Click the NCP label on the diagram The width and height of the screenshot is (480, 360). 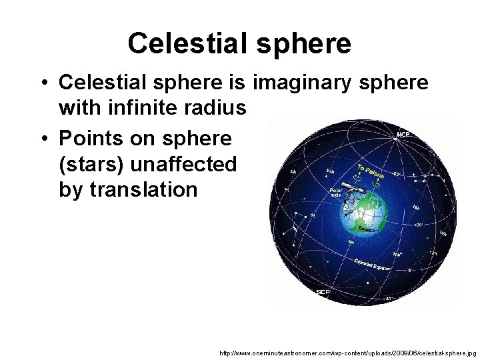[403, 134]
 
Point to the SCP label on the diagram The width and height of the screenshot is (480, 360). [323, 292]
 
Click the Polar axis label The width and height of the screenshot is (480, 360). [336, 193]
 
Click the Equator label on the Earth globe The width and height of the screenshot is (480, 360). [366, 228]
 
